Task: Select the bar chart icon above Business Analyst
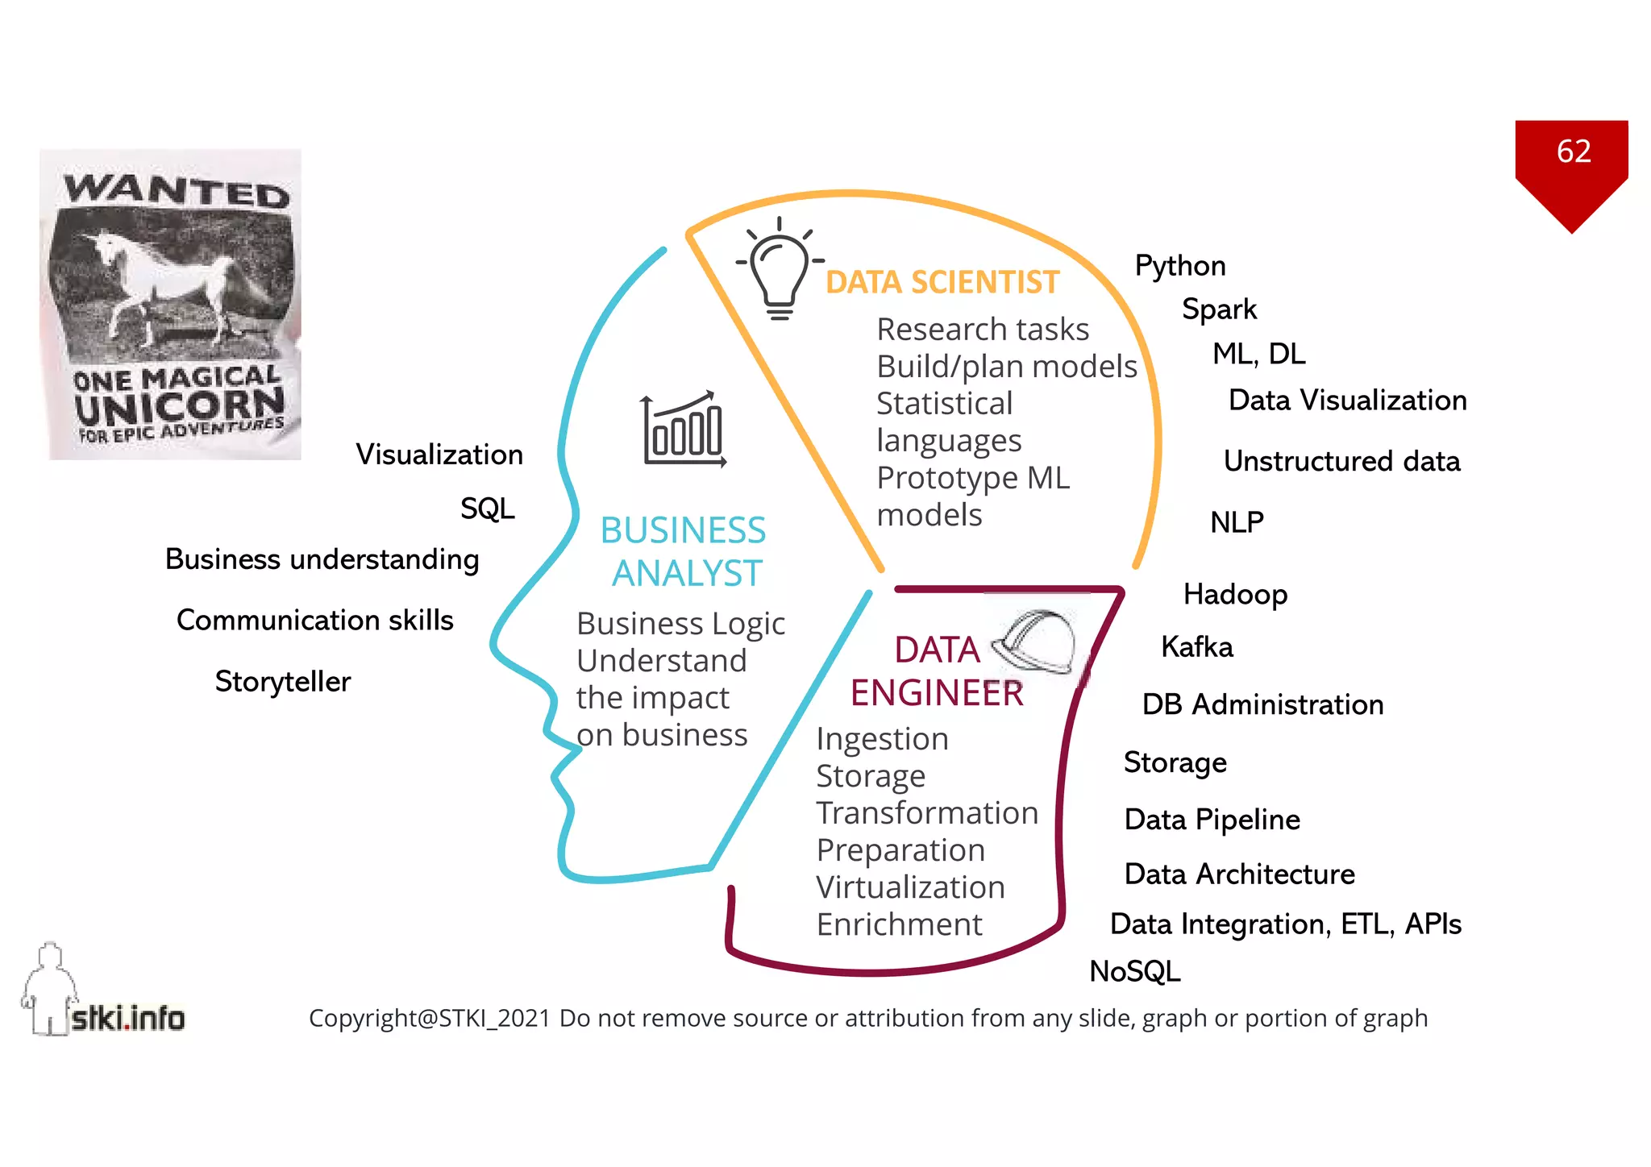coord(684,429)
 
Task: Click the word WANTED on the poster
coord(177,192)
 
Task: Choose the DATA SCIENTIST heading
coord(942,282)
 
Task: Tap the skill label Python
coord(1179,266)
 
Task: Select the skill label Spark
coord(1219,309)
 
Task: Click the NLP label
coord(1237,522)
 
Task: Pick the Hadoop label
coord(1235,595)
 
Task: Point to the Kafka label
coord(1196,647)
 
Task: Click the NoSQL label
coord(1134,971)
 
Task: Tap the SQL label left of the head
coord(487,509)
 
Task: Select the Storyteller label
coord(283,682)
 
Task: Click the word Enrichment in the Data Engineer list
coord(899,924)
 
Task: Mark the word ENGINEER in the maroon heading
coord(937,693)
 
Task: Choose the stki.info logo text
coord(128,1019)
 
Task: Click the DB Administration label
coord(1262,704)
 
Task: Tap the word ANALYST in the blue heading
coord(687,574)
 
